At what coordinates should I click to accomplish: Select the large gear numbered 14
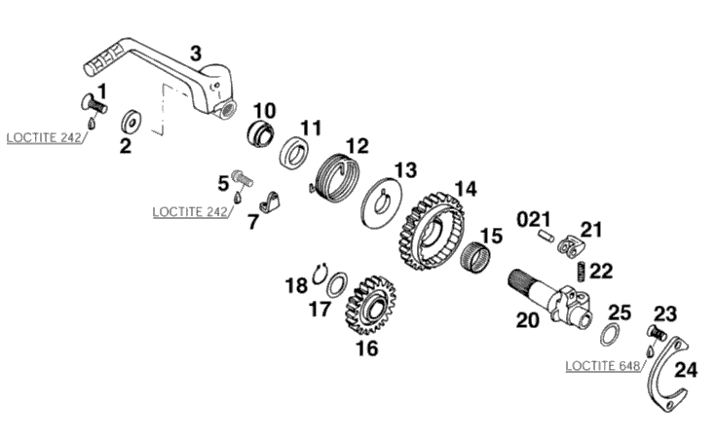433,232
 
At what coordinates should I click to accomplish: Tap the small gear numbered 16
370,306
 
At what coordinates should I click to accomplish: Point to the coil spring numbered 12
337,177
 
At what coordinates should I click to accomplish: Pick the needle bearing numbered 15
474,258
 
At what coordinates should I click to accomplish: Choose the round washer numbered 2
132,122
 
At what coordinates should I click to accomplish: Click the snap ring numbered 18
320,274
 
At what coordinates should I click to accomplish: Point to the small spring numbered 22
582,272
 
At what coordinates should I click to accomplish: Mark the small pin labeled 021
546,237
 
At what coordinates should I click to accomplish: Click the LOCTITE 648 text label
602,366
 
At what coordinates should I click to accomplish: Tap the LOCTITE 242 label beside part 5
190,212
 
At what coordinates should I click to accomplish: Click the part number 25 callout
620,313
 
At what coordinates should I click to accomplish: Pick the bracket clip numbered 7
271,202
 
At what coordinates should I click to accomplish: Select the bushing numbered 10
261,133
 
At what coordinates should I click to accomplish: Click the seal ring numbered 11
294,151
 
